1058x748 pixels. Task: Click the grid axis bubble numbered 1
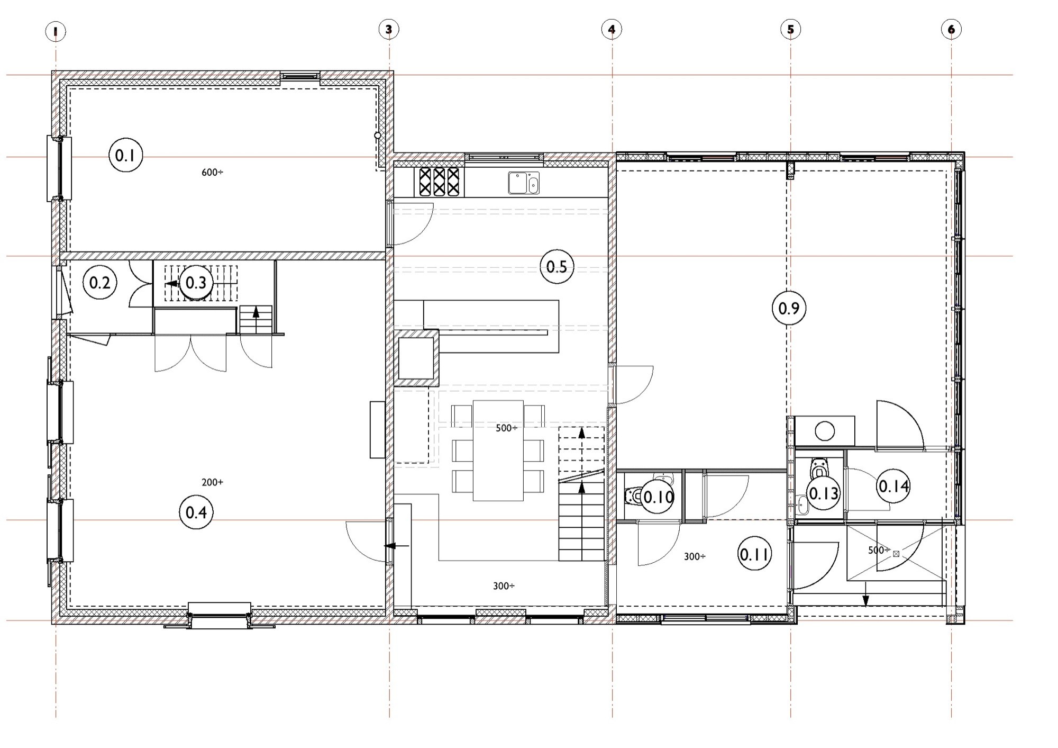[56, 32]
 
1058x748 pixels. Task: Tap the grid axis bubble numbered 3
[389, 29]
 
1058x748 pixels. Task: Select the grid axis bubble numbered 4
[612, 29]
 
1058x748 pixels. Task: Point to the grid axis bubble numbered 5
[791, 29]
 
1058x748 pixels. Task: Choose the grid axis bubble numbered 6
[951, 29]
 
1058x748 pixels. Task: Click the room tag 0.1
[125, 155]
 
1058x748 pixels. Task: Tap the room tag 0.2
[100, 283]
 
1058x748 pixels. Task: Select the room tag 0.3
[196, 283]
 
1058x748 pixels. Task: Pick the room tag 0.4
[196, 512]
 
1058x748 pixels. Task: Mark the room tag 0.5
[557, 266]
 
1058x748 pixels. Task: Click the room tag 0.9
[789, 308]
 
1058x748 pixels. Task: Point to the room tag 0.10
[659, 497]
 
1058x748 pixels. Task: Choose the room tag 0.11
[755, 554]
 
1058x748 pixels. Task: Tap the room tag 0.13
[824, 493]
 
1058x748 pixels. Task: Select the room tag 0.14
[893, 485]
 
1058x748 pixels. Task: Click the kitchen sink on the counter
[524, 183]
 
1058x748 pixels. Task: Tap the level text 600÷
[212, 172]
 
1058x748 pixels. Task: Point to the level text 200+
[212, 482]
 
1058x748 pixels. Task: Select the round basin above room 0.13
[825, 431]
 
